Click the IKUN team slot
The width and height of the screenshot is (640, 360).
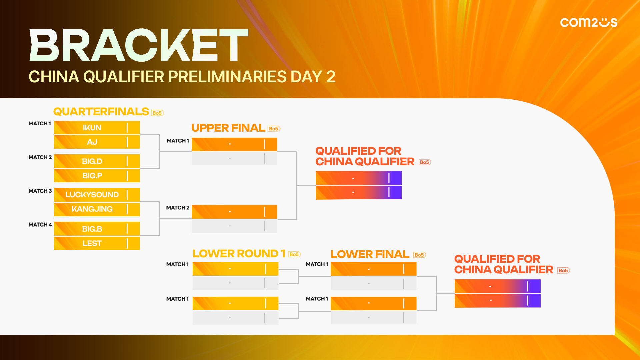[97, 128]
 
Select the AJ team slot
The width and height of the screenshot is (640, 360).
[97, 142]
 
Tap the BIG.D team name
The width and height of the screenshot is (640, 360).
[92, 161]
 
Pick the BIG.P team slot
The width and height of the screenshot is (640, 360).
[97, 176]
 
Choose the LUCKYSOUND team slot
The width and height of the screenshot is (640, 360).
[97, 195]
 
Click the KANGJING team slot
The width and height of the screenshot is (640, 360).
[97, 209]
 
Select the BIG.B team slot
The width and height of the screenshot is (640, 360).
[97, 229]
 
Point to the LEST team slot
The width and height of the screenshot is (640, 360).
[97, 243]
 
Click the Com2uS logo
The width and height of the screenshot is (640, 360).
[589, 22]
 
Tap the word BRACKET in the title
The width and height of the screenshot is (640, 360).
[139, 45]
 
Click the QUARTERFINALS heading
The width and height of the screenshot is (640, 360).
[101, 112]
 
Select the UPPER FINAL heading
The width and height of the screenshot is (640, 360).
[228, 128]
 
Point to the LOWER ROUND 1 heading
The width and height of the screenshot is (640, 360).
[239, 254]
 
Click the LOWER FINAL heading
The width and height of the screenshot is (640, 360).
[370, 254]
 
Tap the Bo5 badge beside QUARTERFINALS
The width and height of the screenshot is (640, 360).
[157, 113]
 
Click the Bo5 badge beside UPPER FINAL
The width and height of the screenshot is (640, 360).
[274, 129]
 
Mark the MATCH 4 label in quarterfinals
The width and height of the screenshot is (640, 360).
[40, 225]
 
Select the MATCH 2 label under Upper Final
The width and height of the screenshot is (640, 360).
[178, 208]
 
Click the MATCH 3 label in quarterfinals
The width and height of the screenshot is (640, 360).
[40, 191]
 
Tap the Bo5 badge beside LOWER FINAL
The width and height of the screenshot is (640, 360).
[420, 255]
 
